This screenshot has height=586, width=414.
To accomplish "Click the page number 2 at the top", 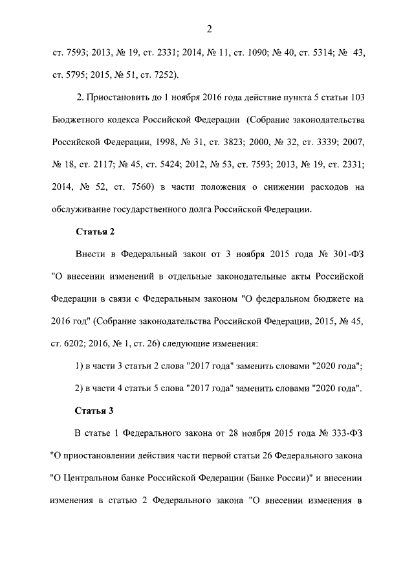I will click(x=209, y=28).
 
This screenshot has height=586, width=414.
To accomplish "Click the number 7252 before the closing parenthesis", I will click(x=160, y=73).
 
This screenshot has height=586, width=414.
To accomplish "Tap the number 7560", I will click(x=133, y=187).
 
